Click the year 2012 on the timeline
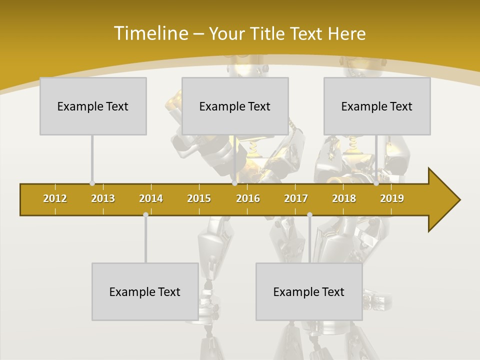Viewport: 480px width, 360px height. point(55,198)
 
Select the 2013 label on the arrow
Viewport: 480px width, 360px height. point(103,198)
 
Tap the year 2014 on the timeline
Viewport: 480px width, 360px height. point(151,198)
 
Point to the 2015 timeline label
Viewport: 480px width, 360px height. point(199,198)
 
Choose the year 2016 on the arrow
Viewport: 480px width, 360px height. point(248,198)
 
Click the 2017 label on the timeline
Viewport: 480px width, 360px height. point(296,198)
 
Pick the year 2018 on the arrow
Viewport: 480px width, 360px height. point(344,198)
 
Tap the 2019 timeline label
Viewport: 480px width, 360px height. point(392,198)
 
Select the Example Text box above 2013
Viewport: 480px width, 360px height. point(93,106)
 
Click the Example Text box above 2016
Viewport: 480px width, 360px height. point(235,106)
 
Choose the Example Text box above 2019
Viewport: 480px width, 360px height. point(377,106)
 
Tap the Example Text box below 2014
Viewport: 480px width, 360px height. point(145,291)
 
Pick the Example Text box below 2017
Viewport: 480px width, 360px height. point(309,291)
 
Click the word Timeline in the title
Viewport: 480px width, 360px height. point(150,33)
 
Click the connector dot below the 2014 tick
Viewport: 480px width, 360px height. point(145,214)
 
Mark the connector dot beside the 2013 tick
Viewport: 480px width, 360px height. point(92,183)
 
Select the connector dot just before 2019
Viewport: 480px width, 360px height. point(376,183)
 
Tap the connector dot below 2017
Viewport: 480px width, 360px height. point(309,214)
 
